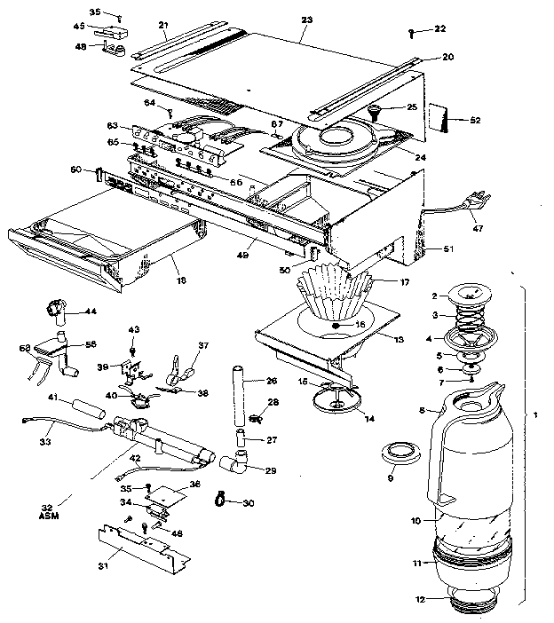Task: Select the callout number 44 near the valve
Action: click(x=91, y=311)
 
